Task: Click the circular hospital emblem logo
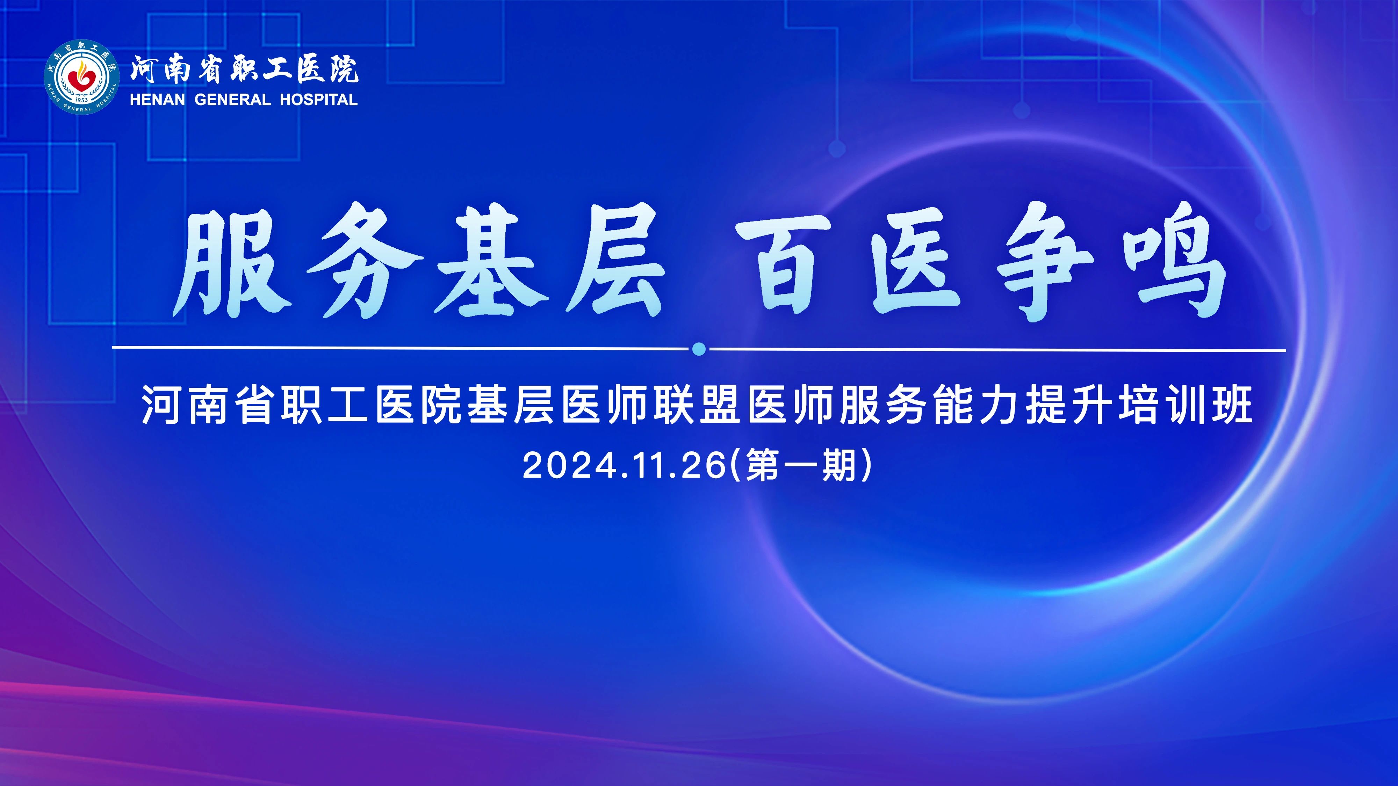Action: click(82, 77)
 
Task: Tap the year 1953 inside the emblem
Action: click(82, 100)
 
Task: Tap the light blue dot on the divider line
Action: click(699, 349)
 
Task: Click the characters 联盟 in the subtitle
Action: click(697, 405)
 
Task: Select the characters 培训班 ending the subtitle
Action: click(1186, 405)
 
